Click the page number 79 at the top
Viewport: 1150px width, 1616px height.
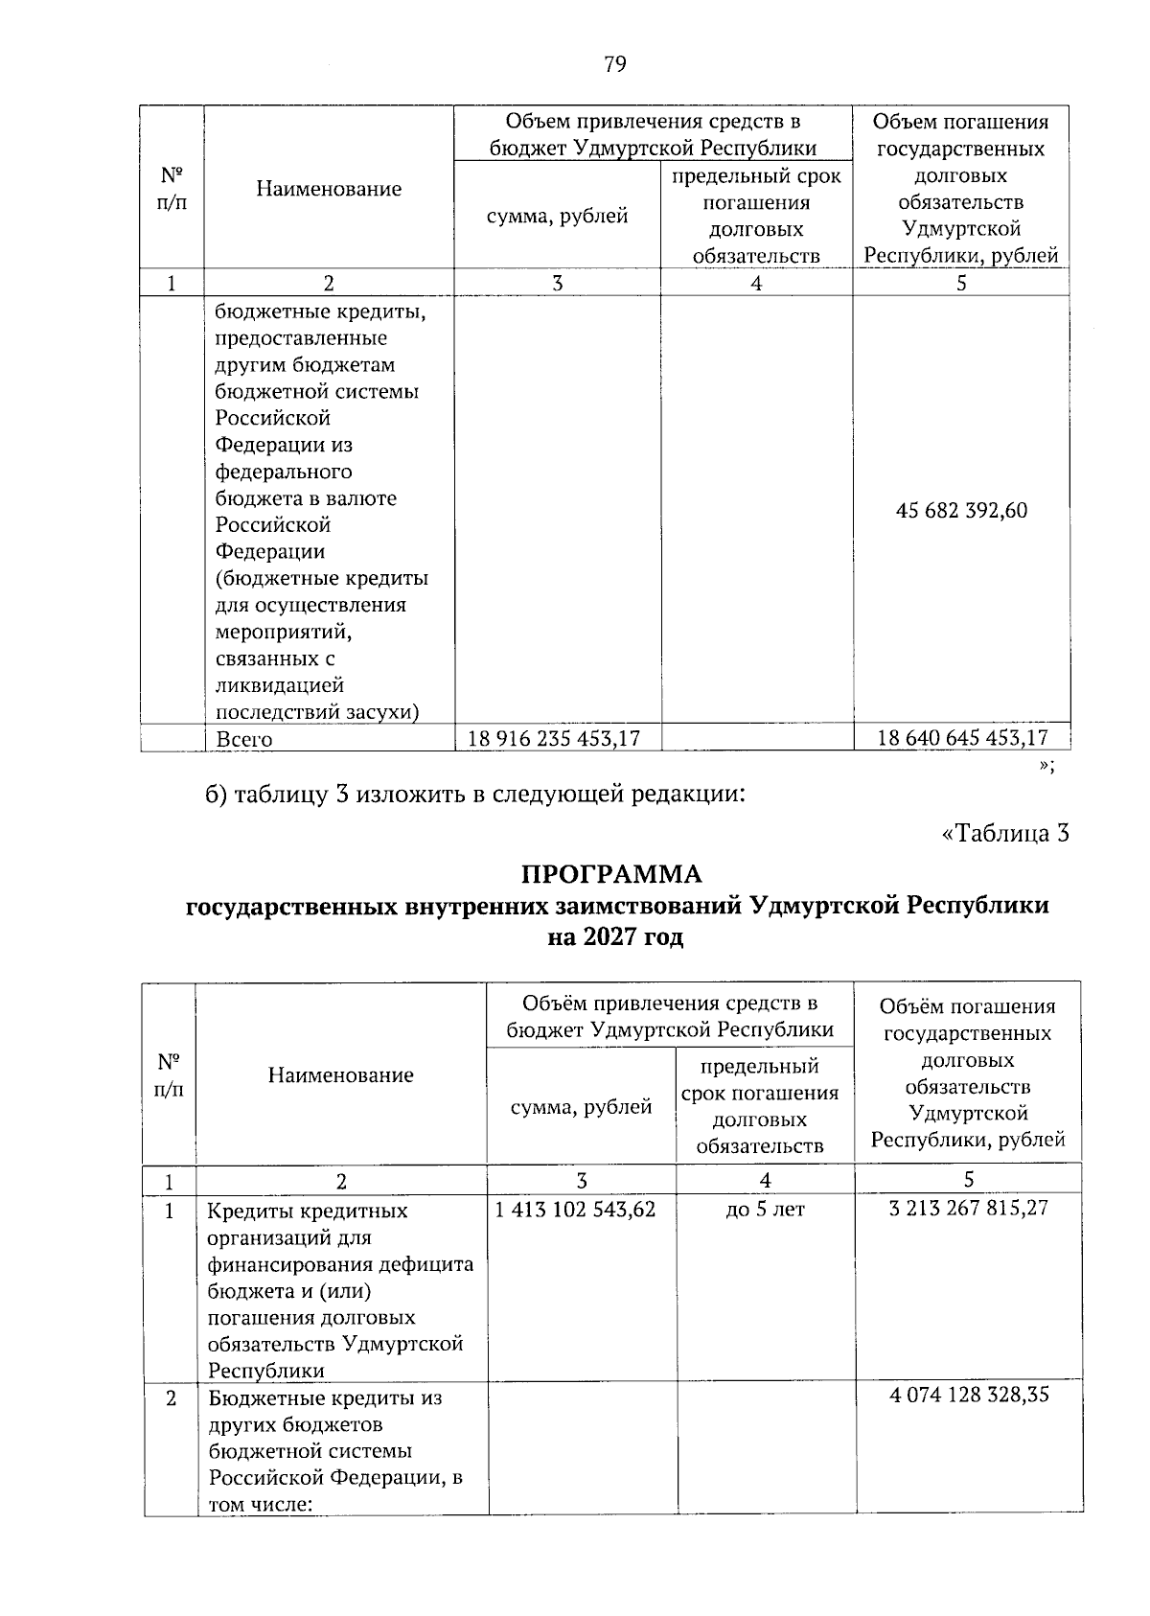pyautogui.click(x=614, y=64)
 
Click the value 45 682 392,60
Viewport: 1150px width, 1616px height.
pyautogui.click(x=961, y=511)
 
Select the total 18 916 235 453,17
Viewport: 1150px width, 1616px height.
pyautogui.click(x=553, y=738)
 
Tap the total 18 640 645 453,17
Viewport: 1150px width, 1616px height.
pyautogui.click(x=962, y=737)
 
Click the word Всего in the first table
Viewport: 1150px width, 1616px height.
pyautogui.click(x=243, y=740)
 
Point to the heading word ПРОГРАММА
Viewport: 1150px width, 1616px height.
pyautogui.click(x=611, y=874)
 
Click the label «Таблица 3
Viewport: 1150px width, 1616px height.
pyautogui.click(x=1005, y=833)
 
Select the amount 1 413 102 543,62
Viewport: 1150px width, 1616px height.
pyautogui.click(x=575, y=1210)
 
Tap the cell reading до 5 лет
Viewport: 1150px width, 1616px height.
pyautogui.click(x=765, y=1210)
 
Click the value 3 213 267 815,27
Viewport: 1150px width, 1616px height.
pyautogui.click(x=968, y=1208)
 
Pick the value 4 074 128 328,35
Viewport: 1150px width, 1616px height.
pyautogui.click(x=968, y=1395)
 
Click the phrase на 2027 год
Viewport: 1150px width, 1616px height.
pyautogui.click(x=614, y=937)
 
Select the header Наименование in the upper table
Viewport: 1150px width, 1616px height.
pyautogui.click(x=328, y=189)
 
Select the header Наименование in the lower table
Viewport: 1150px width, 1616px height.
pyautogui.click(x=340, y=1075)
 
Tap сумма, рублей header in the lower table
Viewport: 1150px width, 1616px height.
pyautogui.click(x=581, y=1107)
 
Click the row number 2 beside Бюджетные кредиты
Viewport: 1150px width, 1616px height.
pyautogui.click(x=170, y=1398)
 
